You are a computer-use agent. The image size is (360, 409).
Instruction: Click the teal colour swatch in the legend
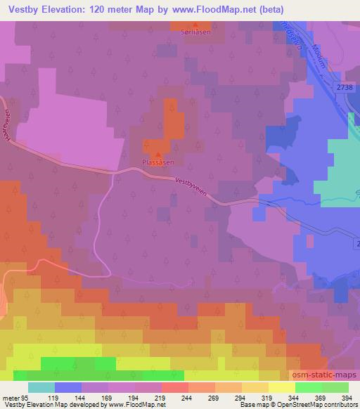pyautogui.click(x=41, y=387)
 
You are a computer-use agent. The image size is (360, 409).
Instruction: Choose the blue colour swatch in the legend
pyautogui.click(x=68, y=387)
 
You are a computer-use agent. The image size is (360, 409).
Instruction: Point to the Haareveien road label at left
pyautogui.click(x=8, y=126)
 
